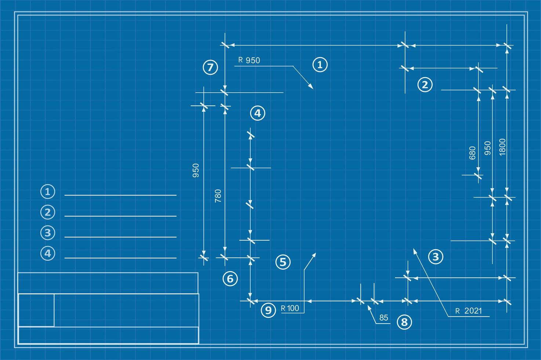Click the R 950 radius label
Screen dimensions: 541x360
tap(249, 60)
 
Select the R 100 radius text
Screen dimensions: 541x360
tap(290, 308)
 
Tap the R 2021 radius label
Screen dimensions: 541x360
tap(468, 311)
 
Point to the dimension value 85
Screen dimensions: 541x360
tap(384, 317)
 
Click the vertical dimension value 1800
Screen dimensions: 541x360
tap(502, 147)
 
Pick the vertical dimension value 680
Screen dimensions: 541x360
tap(472, 153)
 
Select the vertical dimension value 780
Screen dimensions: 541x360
tap(218, 196)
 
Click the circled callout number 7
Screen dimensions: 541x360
tap(210, 67)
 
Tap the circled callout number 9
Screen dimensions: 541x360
tap(268, 310)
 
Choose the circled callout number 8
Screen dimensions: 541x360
tap(404, 322)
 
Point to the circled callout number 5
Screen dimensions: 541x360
tap(283, 262)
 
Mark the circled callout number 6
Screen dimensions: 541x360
tap(230, 279)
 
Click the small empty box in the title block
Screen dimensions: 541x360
tap(36, 310)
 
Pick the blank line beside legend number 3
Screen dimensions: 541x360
tap(120, 237)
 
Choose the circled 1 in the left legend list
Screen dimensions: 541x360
tap(48, 191)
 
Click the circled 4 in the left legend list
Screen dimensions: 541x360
tap(48, 253)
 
